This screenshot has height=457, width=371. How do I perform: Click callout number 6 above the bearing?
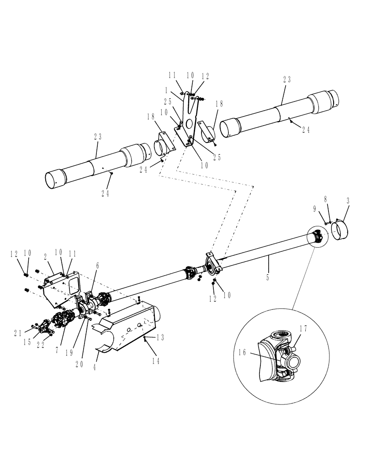click(97, 266)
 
